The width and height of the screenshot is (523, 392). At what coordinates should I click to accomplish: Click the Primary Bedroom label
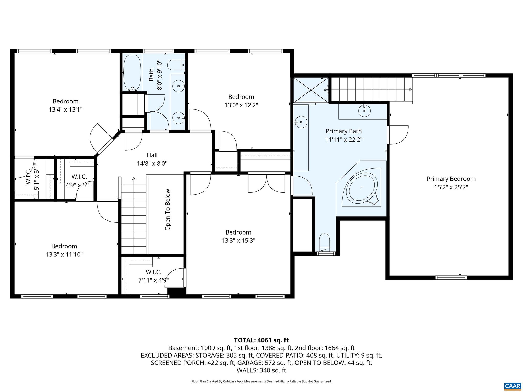click(451, 179)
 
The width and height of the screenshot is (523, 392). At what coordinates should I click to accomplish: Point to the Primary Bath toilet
click(325, 242)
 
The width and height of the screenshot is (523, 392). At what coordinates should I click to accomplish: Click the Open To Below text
click(168, 210)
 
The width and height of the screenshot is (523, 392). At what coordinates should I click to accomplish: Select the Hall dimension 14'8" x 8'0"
click(152, 163)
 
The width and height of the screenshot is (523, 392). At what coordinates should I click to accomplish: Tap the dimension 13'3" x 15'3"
click(238, 240)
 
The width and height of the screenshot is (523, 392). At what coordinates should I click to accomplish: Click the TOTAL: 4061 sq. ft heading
click(261, 340)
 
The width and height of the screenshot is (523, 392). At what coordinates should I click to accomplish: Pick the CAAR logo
click(513, 386)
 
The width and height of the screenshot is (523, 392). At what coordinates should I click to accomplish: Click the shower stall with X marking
click(311, 90)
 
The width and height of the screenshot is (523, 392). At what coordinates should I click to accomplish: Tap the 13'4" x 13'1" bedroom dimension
click(66, 109)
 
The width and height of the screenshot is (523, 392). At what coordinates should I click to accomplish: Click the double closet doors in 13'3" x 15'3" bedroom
click(267, 183)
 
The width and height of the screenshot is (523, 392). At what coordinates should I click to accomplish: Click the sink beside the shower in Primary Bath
click(301, 122)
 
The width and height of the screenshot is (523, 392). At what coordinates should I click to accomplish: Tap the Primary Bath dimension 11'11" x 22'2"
click(344, 140)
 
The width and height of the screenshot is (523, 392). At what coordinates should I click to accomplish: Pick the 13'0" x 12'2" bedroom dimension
click(241, 105)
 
